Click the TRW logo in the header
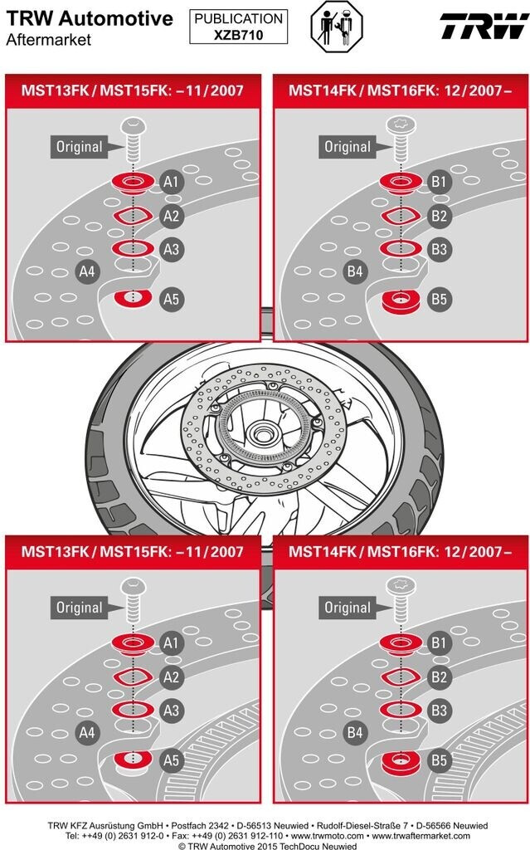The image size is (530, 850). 484,26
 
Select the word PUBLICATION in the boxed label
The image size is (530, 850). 238,19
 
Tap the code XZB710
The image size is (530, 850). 238,35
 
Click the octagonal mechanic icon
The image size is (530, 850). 337,26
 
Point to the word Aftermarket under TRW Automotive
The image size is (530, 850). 48,40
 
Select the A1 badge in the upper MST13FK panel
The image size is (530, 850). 171,182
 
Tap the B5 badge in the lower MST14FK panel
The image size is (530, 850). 439,760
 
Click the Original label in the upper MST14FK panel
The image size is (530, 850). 347,147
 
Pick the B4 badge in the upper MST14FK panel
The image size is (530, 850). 355,271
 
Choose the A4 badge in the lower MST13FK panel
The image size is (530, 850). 87,732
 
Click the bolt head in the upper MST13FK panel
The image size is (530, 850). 134,127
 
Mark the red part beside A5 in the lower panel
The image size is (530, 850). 133,760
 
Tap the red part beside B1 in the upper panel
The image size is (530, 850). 401,183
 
